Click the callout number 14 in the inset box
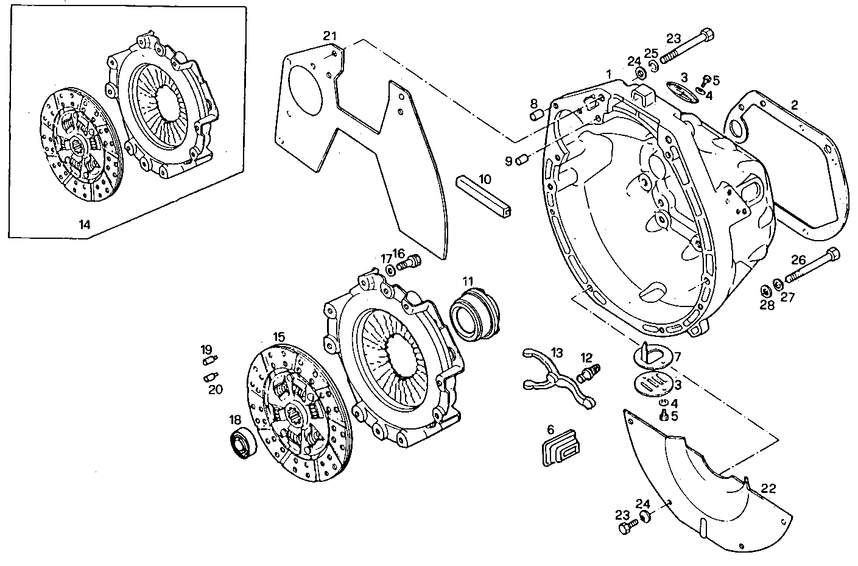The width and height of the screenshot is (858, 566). point(84,225)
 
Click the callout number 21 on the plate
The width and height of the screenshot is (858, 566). point(329,35)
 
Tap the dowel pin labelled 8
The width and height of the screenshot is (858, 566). point(536,116)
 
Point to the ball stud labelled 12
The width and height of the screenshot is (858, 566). point(590,372)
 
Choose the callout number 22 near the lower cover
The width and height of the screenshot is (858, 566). point(768,489)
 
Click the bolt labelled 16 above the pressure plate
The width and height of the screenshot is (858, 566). point(410,263)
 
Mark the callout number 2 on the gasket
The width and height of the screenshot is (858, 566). point(793,105)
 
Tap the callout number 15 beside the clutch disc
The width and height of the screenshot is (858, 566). point(279,336)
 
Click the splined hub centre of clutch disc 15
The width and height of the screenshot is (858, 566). point(297,417)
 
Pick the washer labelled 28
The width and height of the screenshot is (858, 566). point(765,290)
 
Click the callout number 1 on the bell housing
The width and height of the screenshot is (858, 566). point(608,73)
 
